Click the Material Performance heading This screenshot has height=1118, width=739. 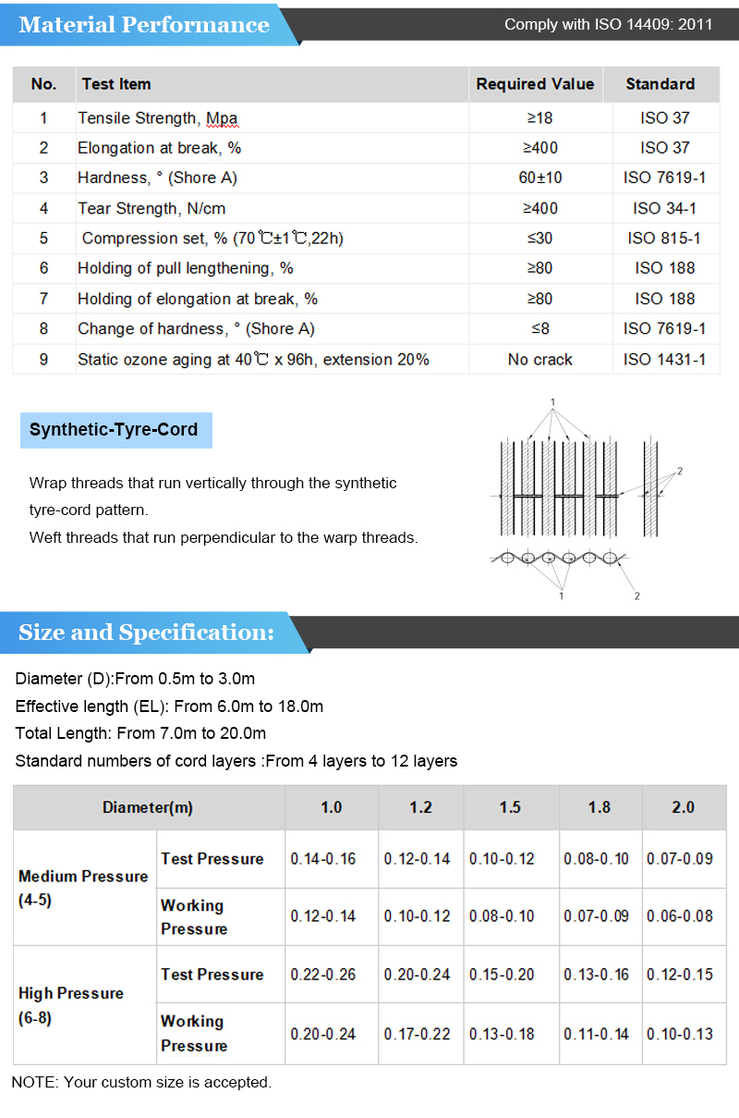tap(144, 25)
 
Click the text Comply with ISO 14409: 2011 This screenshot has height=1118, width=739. tap(608, 25)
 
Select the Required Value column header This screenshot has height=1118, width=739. tap(535, 84)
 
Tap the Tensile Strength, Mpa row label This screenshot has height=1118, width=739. tap(157, 118)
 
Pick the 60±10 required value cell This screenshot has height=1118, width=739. tap(539, 178)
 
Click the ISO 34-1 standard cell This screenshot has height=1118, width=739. tap(665, 208)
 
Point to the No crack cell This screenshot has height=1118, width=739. tap(539, 359)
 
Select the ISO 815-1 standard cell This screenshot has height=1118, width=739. tap(665, 239)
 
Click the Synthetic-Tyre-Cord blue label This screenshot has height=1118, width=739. tap(115, 430)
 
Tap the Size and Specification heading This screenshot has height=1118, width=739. tap(146, 633)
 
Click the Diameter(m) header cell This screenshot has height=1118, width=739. tap(148, 807)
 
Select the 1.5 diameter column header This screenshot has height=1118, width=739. tap(510, 807)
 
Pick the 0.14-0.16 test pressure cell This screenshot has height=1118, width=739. tap(322, 859)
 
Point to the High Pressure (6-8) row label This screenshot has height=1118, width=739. tap(71, 1005)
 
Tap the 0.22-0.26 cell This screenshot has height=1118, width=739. tap(322, 975)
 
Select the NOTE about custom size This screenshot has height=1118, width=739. tap(141, 1082)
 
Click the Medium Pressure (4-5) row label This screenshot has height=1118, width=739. tap(83, 888)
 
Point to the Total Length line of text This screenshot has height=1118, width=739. tap(140, 733)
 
